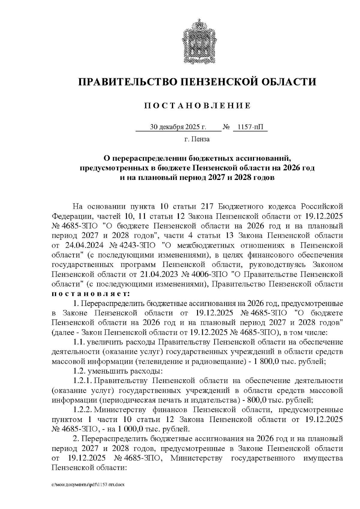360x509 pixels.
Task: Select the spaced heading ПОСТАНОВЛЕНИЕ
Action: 197,106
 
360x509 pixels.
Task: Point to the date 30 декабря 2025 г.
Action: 178,127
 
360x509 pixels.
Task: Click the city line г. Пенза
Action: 197,139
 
